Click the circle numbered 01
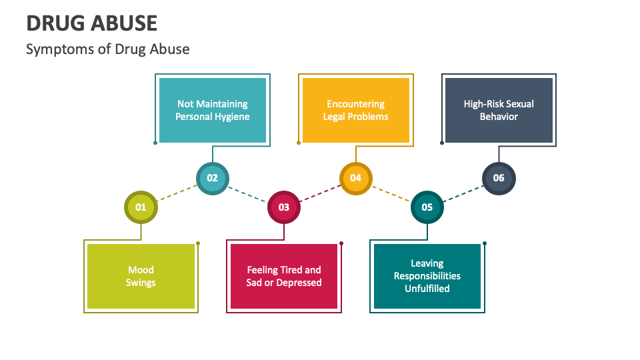click(141, 207)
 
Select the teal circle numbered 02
click(212, 178)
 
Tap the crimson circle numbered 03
click(284, 207)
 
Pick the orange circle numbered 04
click(355, 178)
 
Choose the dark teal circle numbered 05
click(427, 207)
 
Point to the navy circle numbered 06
click(499, 178)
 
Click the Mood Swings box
click(141, 276)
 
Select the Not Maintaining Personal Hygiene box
click(212, 110)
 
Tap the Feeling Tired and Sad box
click(284, 276)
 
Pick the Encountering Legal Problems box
click(355, 110)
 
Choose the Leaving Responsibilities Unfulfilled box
click(427, 276)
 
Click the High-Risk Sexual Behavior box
click(499, 110)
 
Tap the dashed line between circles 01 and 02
click(177, 193)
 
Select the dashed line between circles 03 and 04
click(320, 193)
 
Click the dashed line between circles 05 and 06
click(463, 193)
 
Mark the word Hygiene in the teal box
click(231, 117)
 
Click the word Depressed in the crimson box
click(299, 283)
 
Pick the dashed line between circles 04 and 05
click(391, 193)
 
